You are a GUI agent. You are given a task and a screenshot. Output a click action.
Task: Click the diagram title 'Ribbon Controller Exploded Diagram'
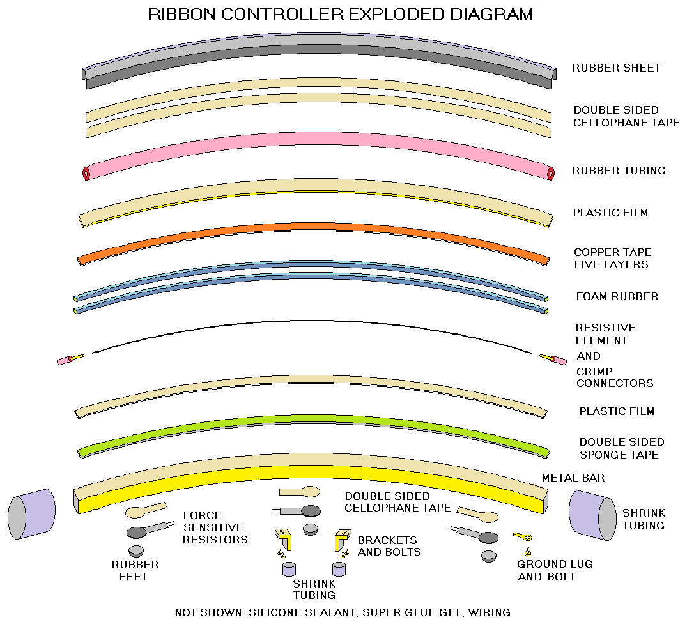[340, 14]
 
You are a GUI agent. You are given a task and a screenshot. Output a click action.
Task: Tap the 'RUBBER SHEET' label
[616, 68]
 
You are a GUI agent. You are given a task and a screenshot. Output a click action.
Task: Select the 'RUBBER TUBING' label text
[619, 171]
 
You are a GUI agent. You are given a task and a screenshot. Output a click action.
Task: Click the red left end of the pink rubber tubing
[86, 173]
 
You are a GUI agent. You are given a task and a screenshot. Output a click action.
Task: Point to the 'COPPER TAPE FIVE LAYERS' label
[613, 259]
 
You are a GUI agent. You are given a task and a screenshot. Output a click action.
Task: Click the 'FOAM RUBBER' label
[617, 296]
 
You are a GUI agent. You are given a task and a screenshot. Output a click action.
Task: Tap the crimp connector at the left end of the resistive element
[70, 360]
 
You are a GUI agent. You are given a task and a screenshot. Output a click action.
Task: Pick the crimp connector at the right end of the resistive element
[553, 360]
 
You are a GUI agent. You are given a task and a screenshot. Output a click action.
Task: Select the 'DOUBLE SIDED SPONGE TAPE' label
[621, 448]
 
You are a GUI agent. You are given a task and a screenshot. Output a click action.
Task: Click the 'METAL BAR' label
[573, 478]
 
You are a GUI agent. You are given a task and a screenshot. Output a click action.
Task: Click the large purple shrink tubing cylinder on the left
[31, 514]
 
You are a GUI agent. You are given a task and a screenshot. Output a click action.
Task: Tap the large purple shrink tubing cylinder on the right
[592, 515]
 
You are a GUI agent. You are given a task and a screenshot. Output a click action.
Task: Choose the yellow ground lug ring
[523, 537]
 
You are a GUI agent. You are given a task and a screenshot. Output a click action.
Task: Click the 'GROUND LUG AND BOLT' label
[555, 570]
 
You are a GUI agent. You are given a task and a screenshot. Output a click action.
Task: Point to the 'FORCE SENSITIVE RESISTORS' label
[215, 527]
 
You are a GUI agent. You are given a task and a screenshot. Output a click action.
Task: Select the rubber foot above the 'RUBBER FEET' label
[136, 551]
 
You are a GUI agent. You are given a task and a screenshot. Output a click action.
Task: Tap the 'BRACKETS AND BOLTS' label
[389, 546]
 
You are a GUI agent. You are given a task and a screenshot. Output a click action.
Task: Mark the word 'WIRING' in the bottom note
[489, 612]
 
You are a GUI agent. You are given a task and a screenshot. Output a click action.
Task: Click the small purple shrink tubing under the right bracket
[339, 569]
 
